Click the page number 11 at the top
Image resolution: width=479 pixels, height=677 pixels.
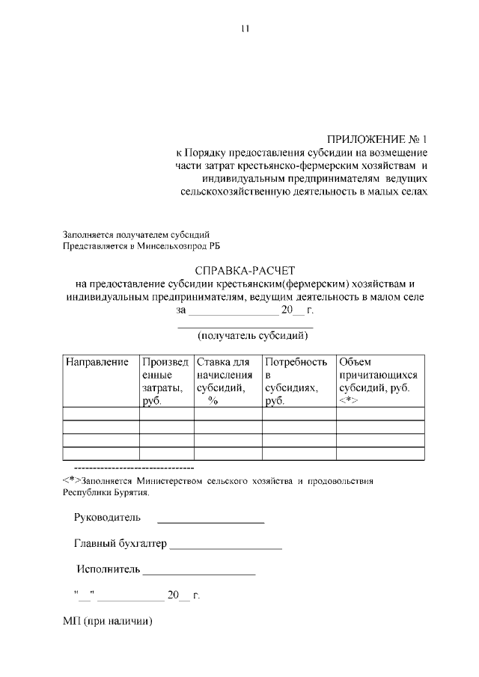pos(245,29)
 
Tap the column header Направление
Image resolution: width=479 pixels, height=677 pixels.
pos(97,363)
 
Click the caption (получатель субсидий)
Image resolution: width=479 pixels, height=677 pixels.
pos(243,335)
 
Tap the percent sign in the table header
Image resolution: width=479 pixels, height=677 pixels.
pos(213,401)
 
